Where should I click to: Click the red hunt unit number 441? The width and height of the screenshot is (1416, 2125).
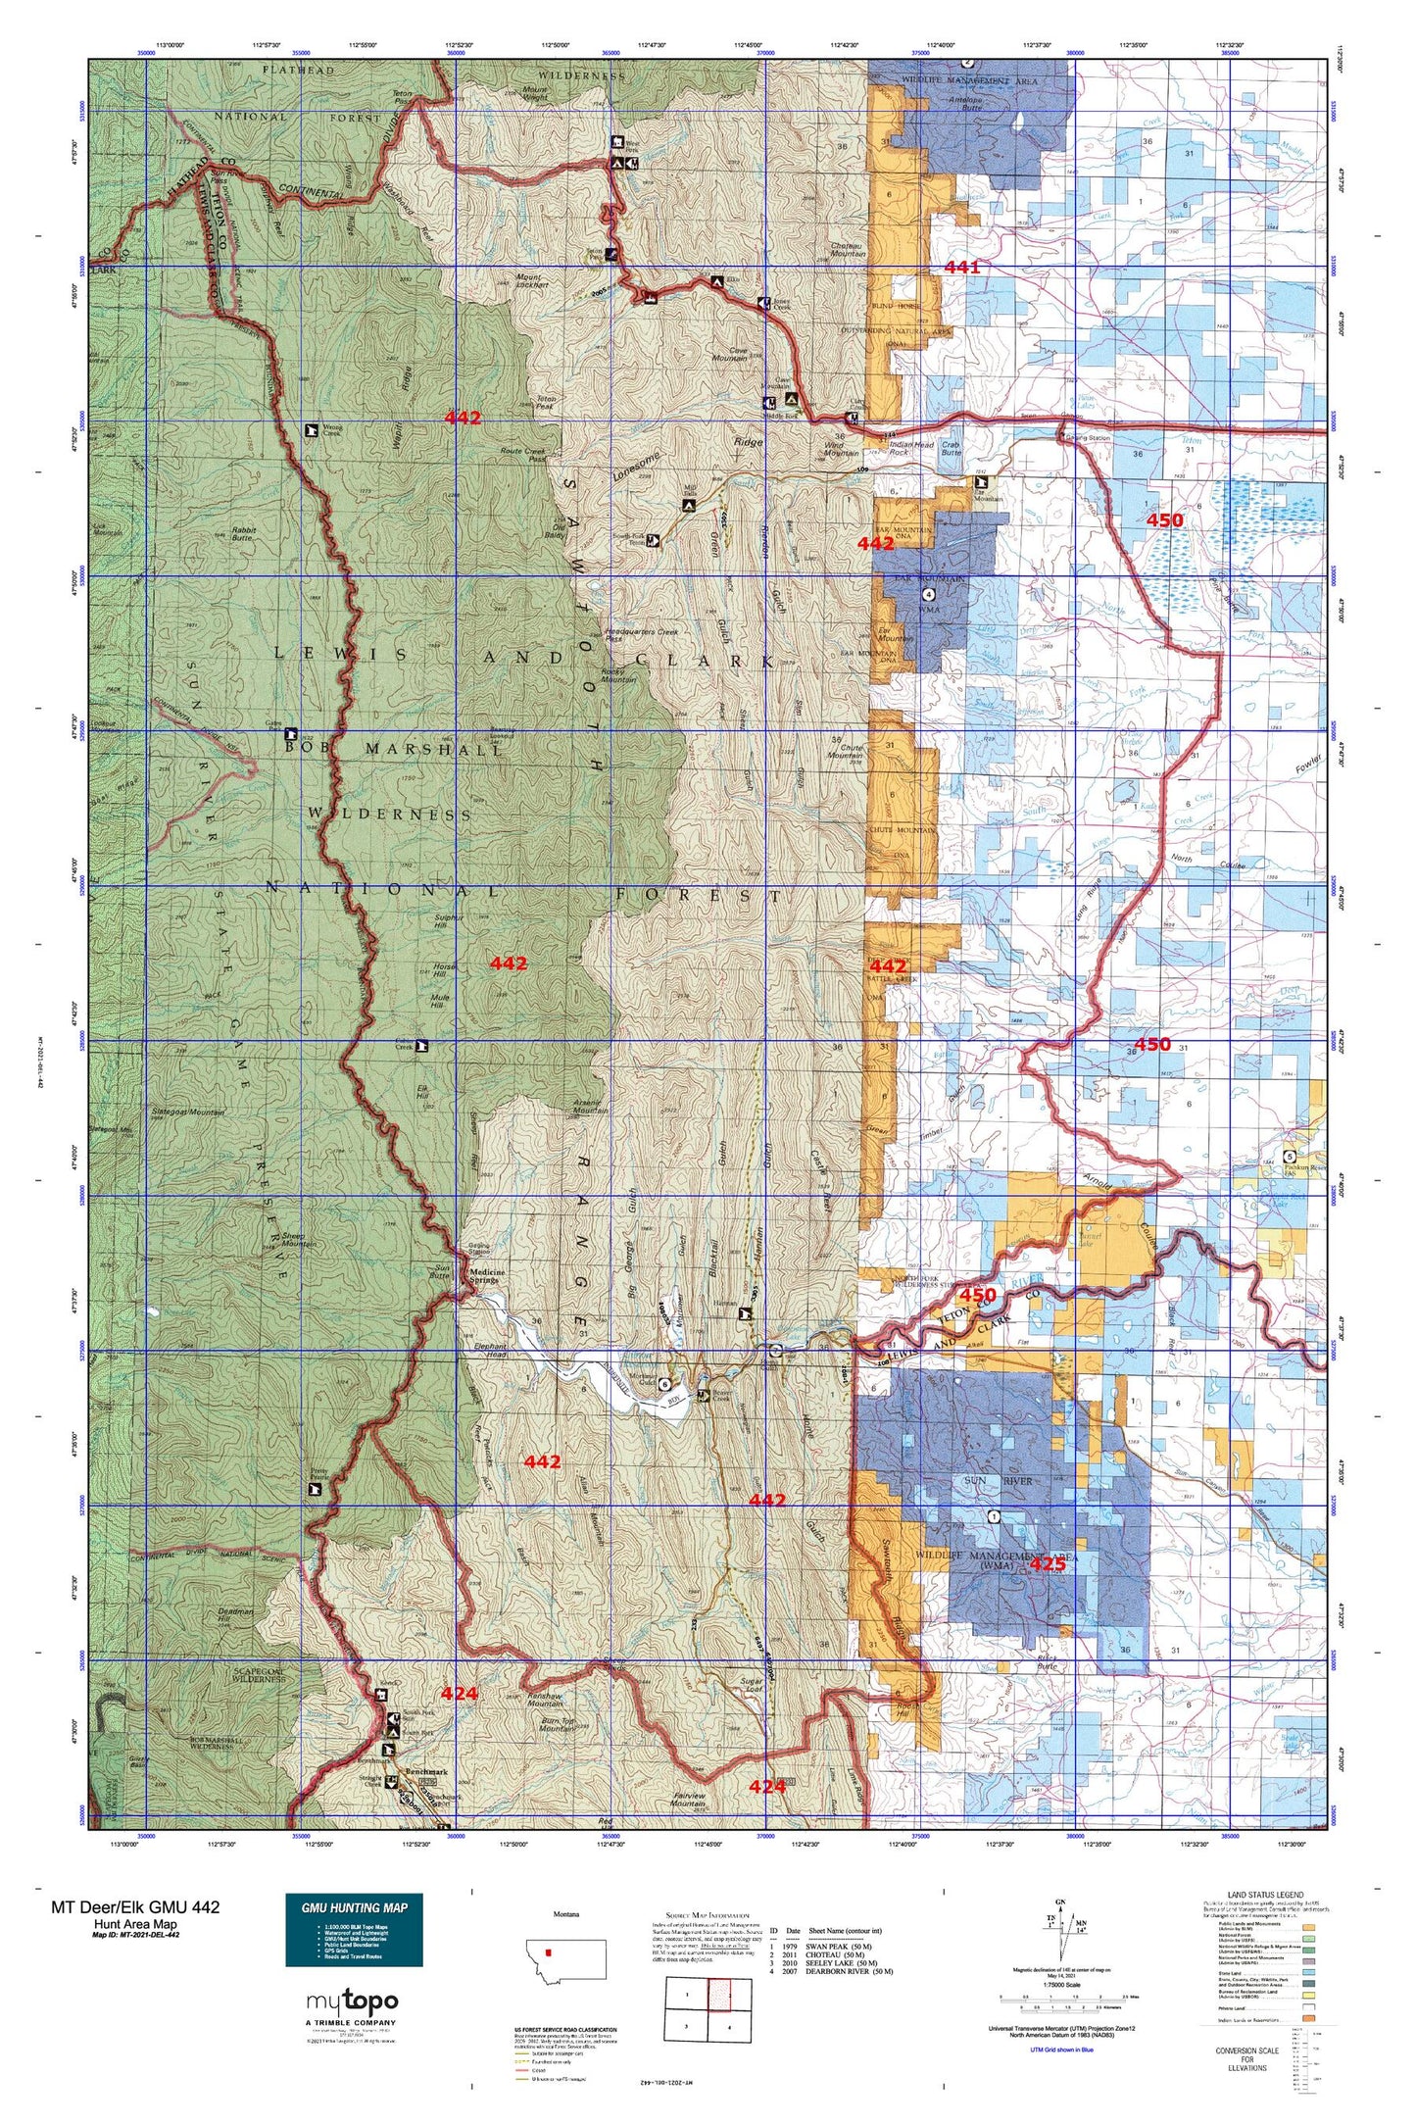pyautogui.click(x=961, y=267)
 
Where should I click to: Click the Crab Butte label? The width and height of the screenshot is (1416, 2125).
pyautogui.click(x=951, y=449)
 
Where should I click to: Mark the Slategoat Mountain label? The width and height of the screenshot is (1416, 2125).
pyautogui.click(x=188, y=1112)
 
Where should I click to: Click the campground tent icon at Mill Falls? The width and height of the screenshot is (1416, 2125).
pyautogui.click(x=688, y=505)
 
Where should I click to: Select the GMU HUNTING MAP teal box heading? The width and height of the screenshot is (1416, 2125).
pyautogui.click(x=354, y=1907)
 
